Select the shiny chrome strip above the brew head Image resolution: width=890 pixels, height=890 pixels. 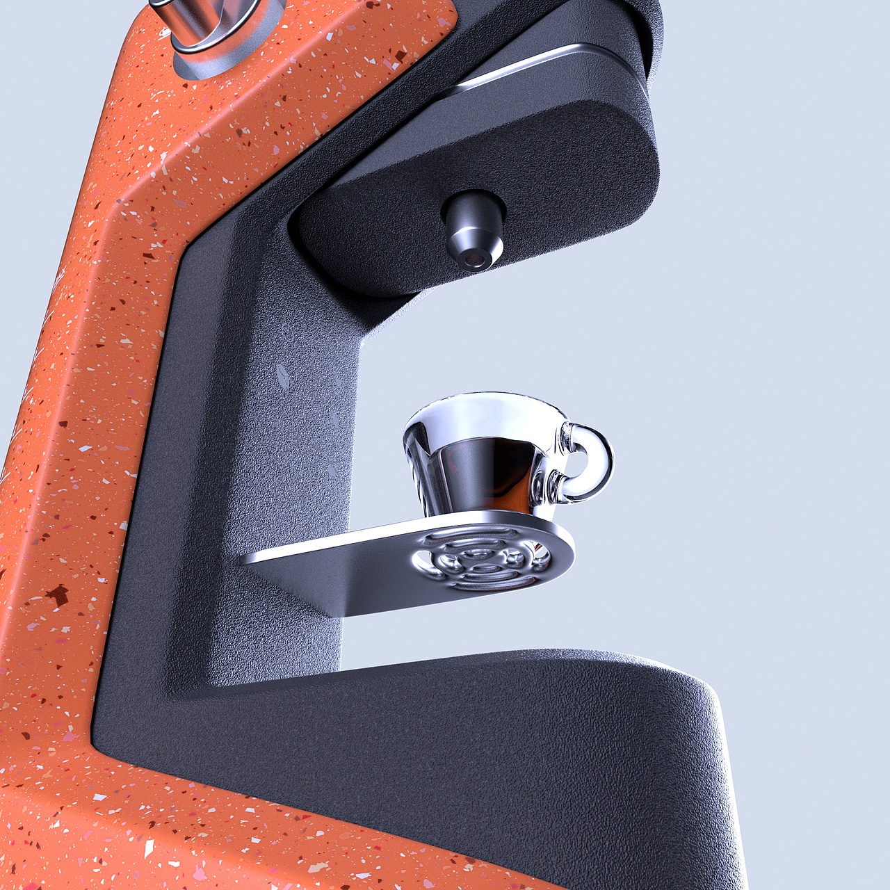click(542, 63)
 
